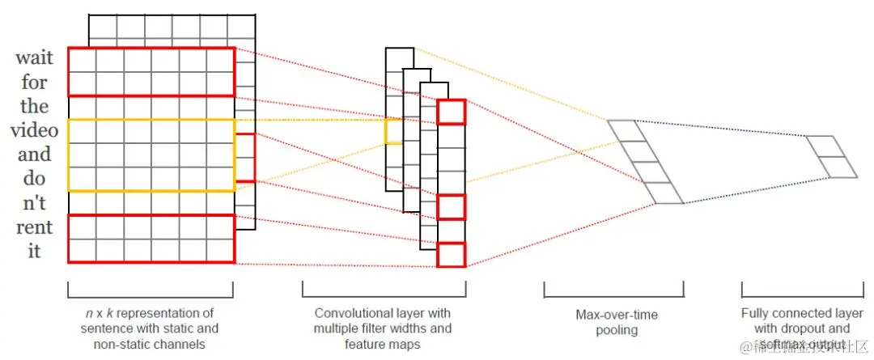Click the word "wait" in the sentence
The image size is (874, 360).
(x=34, y=59)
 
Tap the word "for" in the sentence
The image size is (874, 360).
(x=34, y=83)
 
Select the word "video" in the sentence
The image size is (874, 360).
(x=34, y=130)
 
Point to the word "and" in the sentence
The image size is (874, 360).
(x=34, y=154)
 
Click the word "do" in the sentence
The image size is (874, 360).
(x=34, y=178)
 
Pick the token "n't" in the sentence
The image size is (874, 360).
(x=34, y=202)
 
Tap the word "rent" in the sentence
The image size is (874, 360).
(x=34, y=227)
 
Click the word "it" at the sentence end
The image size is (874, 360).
(x=34, y=251)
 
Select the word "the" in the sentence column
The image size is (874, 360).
(x=34, y=106)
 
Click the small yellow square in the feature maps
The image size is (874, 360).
(x=392, y=131)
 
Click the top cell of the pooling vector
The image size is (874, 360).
(x=624, y=130)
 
